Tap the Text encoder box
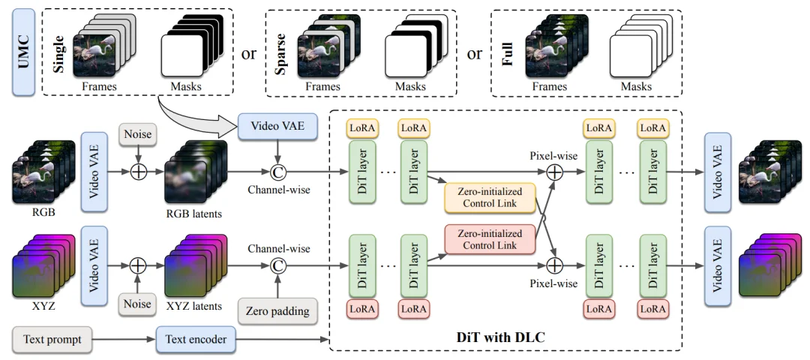pyautogui.click(x=191, y=340)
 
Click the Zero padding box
pyautogui.click(x=277, y=310)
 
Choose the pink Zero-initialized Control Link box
pyautogui.click(x=491, y=238)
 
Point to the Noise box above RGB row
pyautogui.click(x=139, y=135)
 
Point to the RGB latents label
pyautogui.click(x=193, y=214)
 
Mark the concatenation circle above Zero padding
pyautogui.click(x=278, y=265)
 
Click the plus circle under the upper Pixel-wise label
pyautogui.click(x=554, y=172)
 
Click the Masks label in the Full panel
pyautogui.click(x=635, y=87)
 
